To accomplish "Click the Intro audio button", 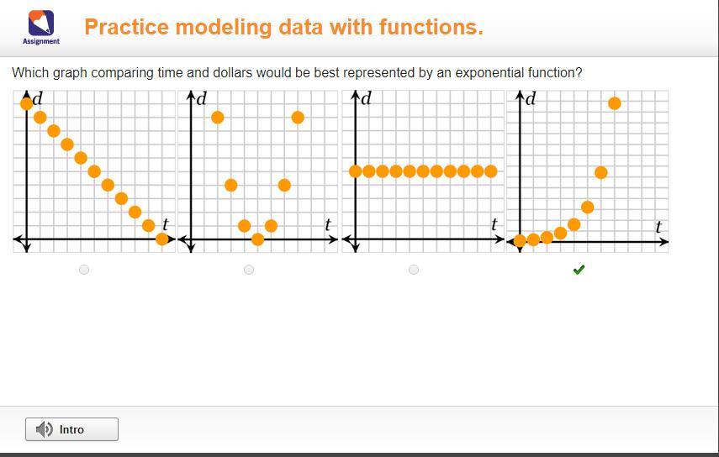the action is tap(71, 429).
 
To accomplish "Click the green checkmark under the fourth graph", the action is tap(579, 270).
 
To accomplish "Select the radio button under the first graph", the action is tap(84, 270).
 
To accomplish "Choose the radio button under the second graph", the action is tap(249, 270).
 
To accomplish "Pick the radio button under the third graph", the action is tap(414, 270).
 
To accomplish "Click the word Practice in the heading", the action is tap(126, 27).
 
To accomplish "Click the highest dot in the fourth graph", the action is tap(615, 103).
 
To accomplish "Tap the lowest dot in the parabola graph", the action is tap(257, 239).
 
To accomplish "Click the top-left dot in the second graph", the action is tap(217, 118).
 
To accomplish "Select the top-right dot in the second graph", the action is tap(298, 118).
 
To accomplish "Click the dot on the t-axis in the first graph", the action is tap(161, 239).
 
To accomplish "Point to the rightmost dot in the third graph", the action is tap(490, 171).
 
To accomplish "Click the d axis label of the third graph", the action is tap(366, 98).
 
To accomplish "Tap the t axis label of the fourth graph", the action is tap(658, 227).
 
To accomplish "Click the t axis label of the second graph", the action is tap(327, 224).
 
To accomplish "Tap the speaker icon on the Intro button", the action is tap(45, 429).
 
